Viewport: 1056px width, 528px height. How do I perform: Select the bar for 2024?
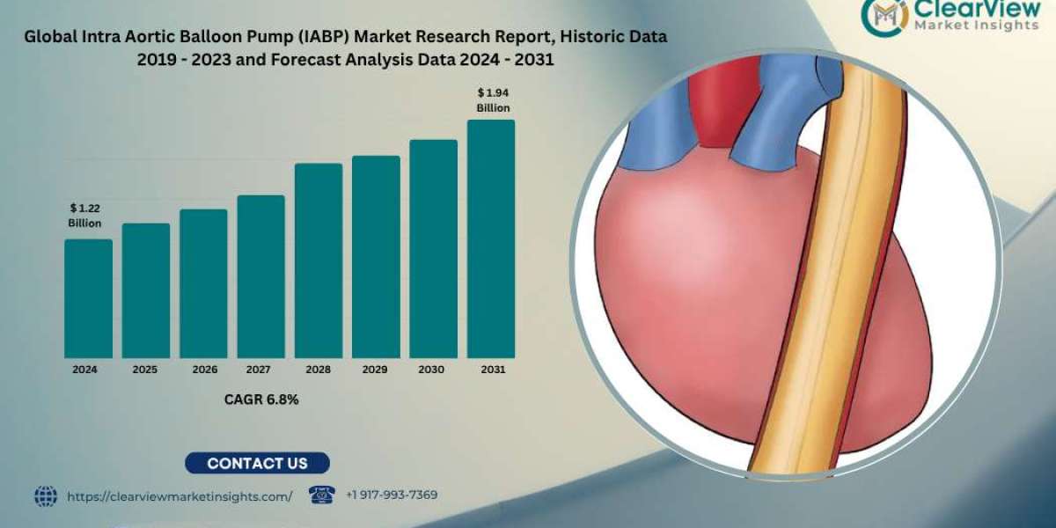pos(88,298)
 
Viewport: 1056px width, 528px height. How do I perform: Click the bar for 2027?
pos(260,276)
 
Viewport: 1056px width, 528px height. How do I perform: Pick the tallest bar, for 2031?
pos(491,238)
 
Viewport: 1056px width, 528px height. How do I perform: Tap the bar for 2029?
pos(376,257)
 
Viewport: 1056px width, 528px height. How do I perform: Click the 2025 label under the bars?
pos(145,370)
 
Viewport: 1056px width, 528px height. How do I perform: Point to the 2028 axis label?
pos(318,370)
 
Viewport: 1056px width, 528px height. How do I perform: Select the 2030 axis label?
pos(433,370)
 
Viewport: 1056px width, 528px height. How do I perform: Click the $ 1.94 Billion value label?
pos(493,99)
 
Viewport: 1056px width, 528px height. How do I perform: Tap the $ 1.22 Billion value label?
pos(85,216)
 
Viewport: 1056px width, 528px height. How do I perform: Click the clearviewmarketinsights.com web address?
pos(180,496)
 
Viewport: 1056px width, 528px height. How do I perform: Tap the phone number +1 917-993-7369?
pos(392,495)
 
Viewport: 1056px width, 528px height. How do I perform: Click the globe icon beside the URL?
pos(46,496)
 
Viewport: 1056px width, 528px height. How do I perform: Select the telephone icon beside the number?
pos(322,495)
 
